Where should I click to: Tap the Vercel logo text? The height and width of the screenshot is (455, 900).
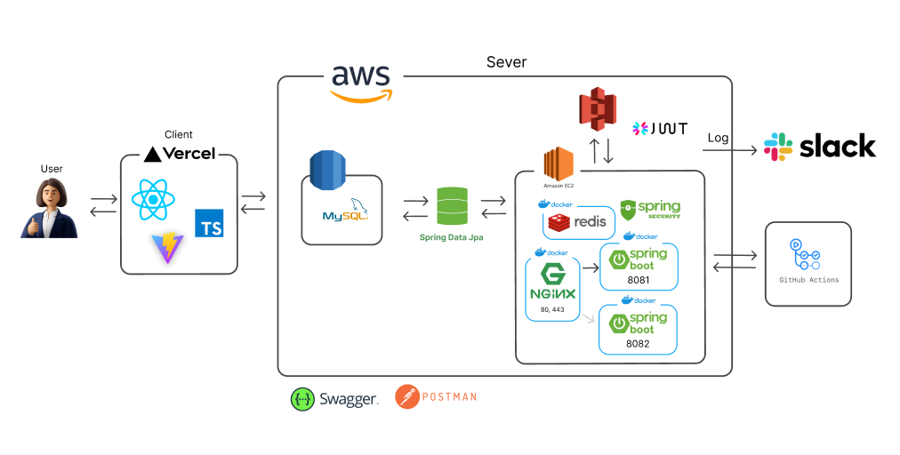(180, 154)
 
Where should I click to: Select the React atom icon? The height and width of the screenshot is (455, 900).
(154, 201)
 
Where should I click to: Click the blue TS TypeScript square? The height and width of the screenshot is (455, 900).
(209, 223)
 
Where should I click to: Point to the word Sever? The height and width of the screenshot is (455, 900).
(506, 62)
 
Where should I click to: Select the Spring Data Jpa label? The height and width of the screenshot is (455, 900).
(452, 238)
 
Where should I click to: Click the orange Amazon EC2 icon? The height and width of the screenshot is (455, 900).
(558, 166)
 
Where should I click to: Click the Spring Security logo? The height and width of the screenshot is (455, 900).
(650, 210)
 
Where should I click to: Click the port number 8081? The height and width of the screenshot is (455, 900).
(639, 280)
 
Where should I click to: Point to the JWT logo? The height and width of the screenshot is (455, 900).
(659, 129)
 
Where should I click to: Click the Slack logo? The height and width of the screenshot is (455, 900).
(819, 147)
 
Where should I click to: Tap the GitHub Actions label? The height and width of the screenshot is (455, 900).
(808, 280)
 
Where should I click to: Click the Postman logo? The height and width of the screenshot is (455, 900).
(436, 396)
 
